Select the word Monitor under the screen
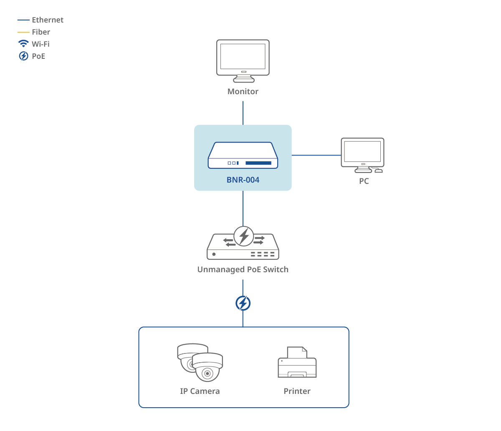(243, 92)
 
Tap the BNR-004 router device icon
(243, 155)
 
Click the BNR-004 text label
(243, 180)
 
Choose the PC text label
(364, 181)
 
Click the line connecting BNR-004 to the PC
(316, 155)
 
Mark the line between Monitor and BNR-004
(243, 113)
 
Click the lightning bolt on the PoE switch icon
(244, 236)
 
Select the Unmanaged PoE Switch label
(243, 270)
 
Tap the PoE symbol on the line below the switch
(243, 303)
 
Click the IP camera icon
(200, 362)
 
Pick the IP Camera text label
(200, 391)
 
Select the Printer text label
(297, 391)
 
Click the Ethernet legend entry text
(48, 20)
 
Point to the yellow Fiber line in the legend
(23, 32)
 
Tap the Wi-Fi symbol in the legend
(23, 44)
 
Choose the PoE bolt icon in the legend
(23, 56)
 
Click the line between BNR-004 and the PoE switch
(243, 208)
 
